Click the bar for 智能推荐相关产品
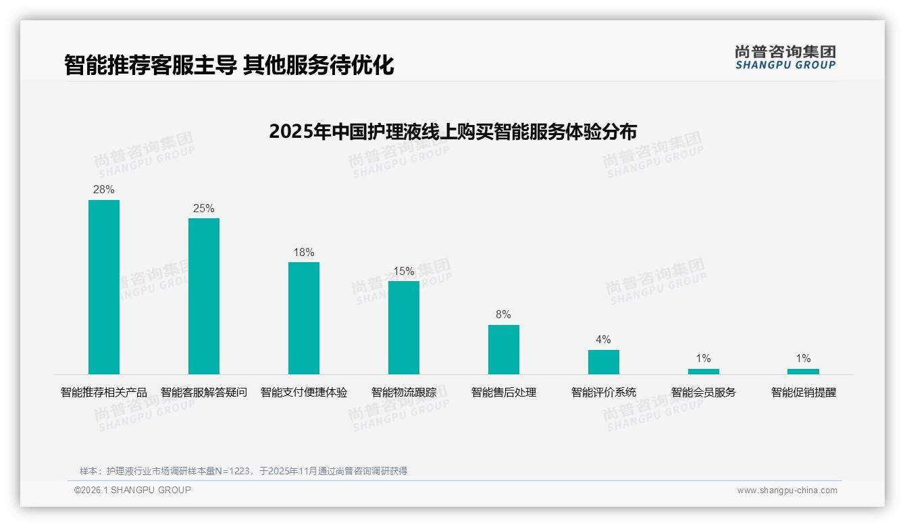(x=104, y=287)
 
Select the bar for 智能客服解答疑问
(x=204, y=296)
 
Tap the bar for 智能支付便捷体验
(x=304, y=318)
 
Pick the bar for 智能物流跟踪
(x=404, y=328)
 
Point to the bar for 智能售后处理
(x=504, y=349)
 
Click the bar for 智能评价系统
(x=604, y=362)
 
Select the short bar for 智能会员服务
(x=704, y=372)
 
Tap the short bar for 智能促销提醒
(x=803, y=372)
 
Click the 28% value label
(x=104, y=190)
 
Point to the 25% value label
(x=204, y=209)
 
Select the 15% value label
(x=404, y=272)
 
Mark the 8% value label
(x=504, y=315)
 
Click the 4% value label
(x=604, y=340)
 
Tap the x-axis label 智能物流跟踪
(x=404, y=393)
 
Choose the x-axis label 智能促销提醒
(x=803, y=393)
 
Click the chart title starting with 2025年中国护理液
(x=452, y=132)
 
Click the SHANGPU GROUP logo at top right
(x=785, y=57)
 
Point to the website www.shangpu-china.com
(x=787, y=491)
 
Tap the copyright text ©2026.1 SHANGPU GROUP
(x=132, y=490)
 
